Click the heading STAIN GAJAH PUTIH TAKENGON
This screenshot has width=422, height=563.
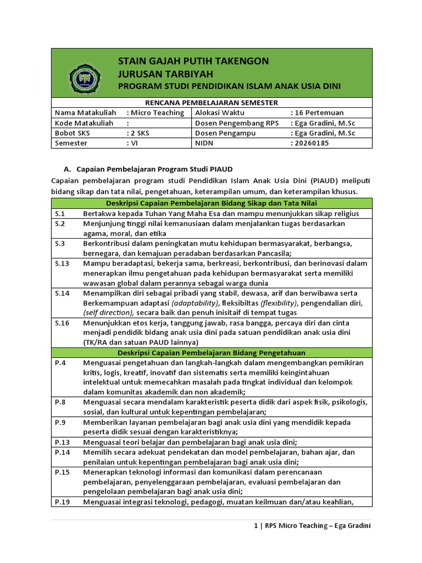pyautogui.click(x=193, y=61)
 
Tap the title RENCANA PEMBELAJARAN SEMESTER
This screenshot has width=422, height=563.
pyautogui.click(x=211, y=102)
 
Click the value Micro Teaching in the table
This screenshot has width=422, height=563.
pyautogui.click(x=157, y=113)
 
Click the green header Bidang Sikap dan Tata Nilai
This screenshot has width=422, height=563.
pyautogui.click(x=211, y=203)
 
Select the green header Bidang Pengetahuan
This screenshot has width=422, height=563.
pyautogui.click(x=211, y=352)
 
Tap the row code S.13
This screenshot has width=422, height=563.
pyautogui.click(x=62, y=263)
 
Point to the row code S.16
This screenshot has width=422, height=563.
pyautogui.click(x=62, y=323)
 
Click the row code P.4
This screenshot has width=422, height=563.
pyautogui.click(x=60, y=362)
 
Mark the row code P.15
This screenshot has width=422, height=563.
pyautogui.click(x=62, y=472)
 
